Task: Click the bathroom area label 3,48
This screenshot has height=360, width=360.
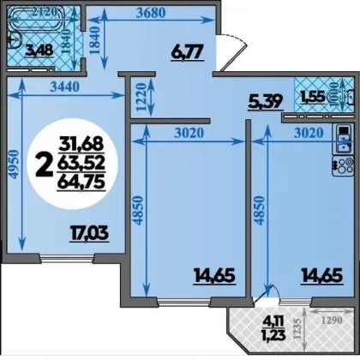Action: (x=39, y=51)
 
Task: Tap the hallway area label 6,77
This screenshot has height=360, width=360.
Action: (x=187, y=52)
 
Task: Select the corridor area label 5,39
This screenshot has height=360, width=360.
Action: (x=266, y=102)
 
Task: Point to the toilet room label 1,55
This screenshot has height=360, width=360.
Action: (x=313, y=97)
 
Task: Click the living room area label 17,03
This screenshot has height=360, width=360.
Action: (x=89, y=233)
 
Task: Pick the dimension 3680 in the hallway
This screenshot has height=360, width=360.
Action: (x=151, y=13)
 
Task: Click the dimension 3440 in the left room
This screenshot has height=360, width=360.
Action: (x=64, y=87)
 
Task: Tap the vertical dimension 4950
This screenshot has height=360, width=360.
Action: (x=14, y=165)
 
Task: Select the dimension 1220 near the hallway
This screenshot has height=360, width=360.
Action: (x=141, y=97)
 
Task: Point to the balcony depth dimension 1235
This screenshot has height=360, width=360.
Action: (x=297, y=328)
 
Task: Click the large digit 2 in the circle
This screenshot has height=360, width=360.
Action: (x=45, y=165)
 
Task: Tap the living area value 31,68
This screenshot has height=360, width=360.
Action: (x=81, y=144)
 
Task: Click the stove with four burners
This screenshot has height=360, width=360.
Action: (x=343, y=165)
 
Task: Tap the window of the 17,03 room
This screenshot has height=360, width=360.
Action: (x=67, y=259)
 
